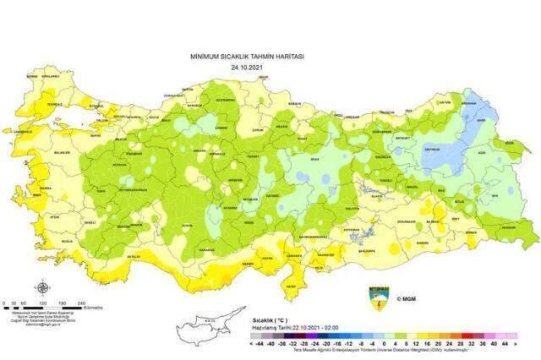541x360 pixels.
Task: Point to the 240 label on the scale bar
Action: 81,303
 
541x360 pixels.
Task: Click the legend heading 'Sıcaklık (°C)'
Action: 270,321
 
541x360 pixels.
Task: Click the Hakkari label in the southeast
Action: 505,227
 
